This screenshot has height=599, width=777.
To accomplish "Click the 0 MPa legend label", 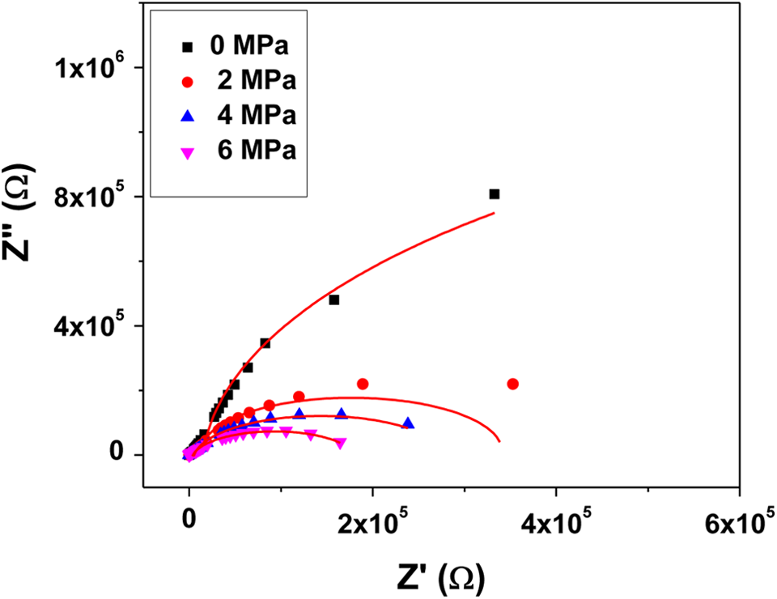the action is click(249, 45).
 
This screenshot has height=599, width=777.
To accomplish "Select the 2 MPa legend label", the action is click(257, 80).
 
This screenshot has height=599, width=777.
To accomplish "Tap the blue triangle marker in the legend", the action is click(188, 116).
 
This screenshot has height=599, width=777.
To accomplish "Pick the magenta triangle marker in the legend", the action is click(188, 153).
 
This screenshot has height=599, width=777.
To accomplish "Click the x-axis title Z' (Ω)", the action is click(440, 578).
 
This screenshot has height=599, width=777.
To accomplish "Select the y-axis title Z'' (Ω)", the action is click(16, 212).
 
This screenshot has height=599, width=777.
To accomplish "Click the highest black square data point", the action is click(494, 194).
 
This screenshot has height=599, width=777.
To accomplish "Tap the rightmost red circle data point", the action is click(513, 384).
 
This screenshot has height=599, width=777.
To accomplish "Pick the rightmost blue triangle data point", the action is click(408, 423).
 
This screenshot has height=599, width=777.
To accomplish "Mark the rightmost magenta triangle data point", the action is click(341, 444).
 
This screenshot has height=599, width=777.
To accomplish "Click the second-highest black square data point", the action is click(334, 299).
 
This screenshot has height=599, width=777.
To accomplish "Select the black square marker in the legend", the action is click(188, 47).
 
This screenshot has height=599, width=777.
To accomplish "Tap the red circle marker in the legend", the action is click(188, 82).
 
